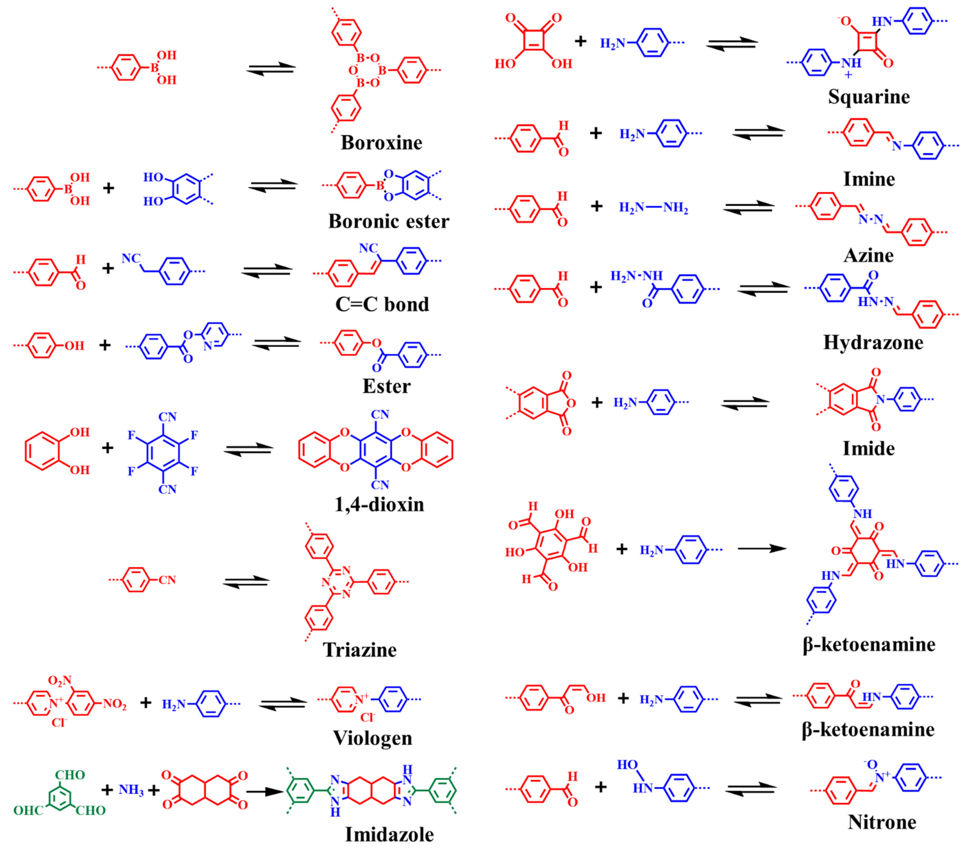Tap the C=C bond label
382,304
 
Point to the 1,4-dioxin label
379,505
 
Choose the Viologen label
373,738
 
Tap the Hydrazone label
873,342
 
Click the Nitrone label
882,822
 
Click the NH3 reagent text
131,790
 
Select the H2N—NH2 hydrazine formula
653,208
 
